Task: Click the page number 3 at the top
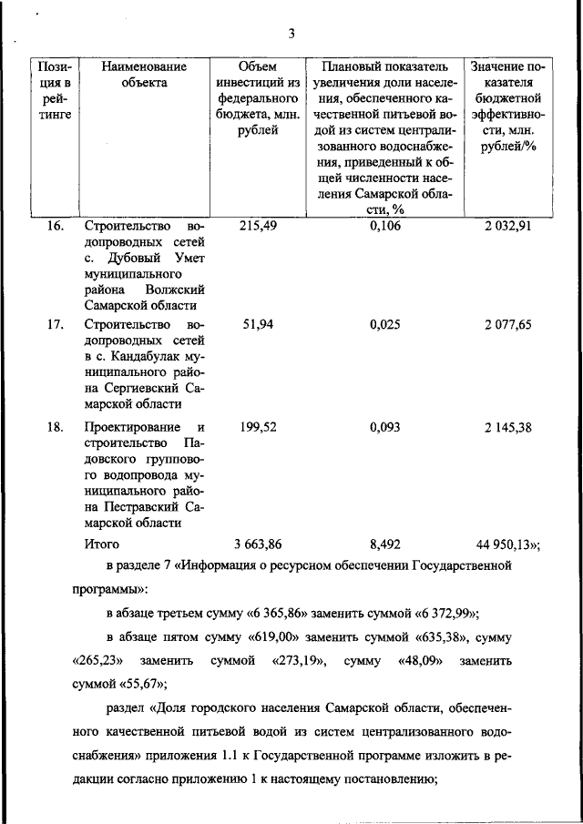click(291, 34)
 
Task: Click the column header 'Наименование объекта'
click(144, 75)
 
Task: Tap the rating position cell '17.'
click(55, 323)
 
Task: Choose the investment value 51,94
click(257, 323)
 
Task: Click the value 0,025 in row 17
click(385, 323)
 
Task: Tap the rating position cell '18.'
click(55, 427)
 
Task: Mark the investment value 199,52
click(257, 427)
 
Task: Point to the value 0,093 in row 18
click(385, 427)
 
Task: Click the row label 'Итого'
click(102, 544)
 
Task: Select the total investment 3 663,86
click(257, 544)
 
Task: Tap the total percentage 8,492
click(385, 544)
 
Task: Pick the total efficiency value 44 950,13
click(506, 544)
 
